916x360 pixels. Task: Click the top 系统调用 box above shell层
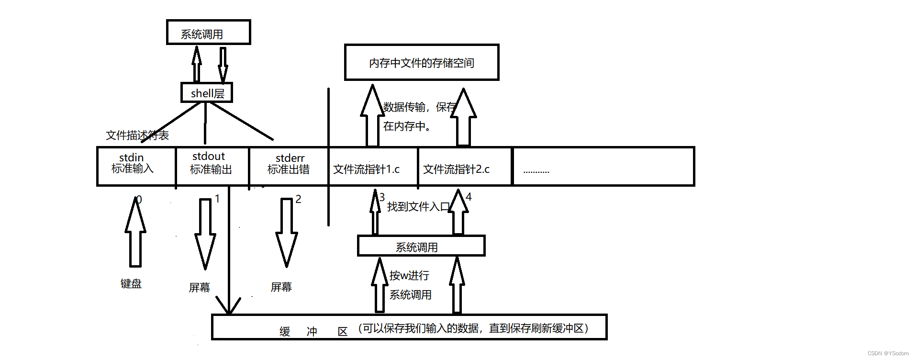pyautogui.click(x=208, y=33)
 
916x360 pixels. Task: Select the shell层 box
pyautogui.click(x=207, y=93)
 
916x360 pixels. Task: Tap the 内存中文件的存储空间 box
pyautogui.click(x=421, y=63)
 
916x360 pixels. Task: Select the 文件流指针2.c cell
pyautogui.click(x=456, y=169)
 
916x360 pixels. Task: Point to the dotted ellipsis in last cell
pyautogui.click(x=536, y=171)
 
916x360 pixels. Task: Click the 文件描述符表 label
pyautogui.click(x=137, y=135)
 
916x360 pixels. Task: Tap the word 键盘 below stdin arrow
pyautogui.click(x=131, y=284)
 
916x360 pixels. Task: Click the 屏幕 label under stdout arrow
pyautogui.click(x=200, y=288)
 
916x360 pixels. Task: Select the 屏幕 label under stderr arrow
pyautogui.click(x=281, y=287)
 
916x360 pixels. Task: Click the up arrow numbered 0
pyautogui.click(x=135, y=232)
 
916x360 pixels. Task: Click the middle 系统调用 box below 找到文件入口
pyautogui.click(x=421, y=246)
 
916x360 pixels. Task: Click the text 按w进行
pyautogui.click(x=409, y=276)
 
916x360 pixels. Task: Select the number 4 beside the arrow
pyautogui.click(x=469, y=197)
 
